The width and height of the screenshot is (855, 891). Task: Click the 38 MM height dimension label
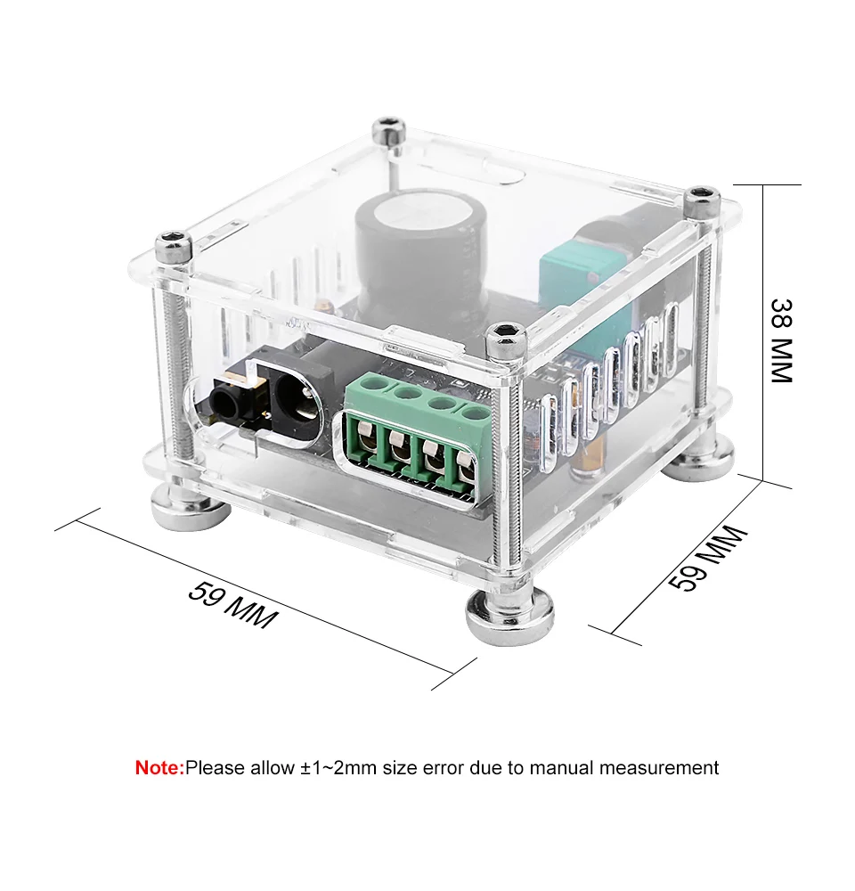[x=780, y=341]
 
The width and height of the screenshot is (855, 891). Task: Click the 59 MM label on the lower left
[x=233, y=605]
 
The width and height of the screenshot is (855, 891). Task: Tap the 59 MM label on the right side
[x=707, y=559]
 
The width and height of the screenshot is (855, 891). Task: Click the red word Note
[x=159, y=768]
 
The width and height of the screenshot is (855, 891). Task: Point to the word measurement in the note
[x=659, y=768]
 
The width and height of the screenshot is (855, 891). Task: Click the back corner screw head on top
[x=388, y=129]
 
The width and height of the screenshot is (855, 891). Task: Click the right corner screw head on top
[x=703, y=200]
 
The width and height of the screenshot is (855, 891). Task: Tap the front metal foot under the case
[x=509, y=617]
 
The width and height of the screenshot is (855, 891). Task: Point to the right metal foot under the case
[x=699, y=461]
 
